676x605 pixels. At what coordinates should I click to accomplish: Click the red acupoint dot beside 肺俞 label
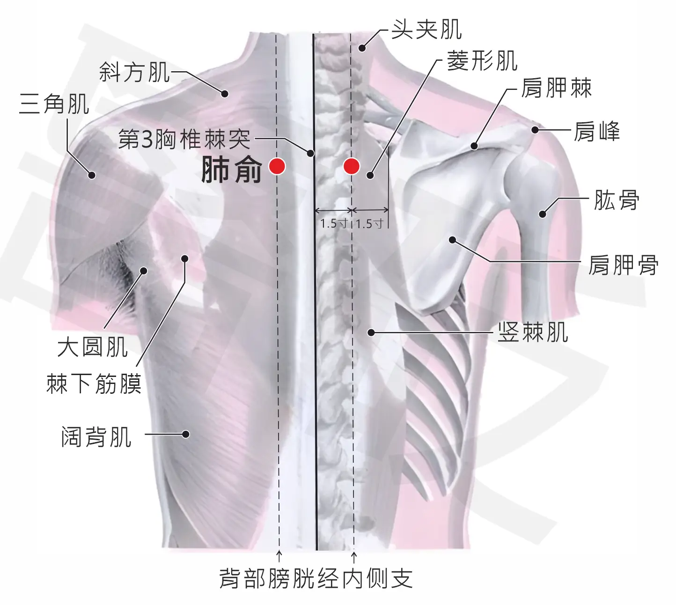click(x=277, y=166)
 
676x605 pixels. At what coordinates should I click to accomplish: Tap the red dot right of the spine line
click(x=352, y=166)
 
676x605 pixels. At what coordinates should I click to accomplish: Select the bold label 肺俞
click(x=231, y=170)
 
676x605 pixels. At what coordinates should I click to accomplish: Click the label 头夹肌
click(x=427, y=30)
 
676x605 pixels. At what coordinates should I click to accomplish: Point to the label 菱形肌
click(x=483, y=61)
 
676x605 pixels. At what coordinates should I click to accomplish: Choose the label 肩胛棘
click(x=557, y=88)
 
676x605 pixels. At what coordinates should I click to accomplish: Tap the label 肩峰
click(x=596, y=131)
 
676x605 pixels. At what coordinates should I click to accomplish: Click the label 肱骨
click(x=616, y=200)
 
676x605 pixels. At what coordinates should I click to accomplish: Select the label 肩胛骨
click(x=623, y=265)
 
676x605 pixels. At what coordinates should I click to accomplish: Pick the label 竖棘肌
click(x=533, y=332)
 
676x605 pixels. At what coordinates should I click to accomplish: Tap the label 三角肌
click(x=54, y=104)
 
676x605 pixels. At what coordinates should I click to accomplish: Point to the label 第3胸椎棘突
click(x=184, y=140)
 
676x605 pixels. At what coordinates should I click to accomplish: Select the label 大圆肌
click(x=93, y=347)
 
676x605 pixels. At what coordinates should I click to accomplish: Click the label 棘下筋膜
click(x=94, y=384)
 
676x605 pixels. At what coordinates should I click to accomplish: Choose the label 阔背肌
click(x=96, y=437)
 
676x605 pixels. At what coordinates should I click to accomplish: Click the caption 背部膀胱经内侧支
click(x=316, y=578)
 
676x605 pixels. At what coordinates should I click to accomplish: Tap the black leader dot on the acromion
click(x=535, y=130)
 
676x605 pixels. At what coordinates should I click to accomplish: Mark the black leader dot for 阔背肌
click(x=186, y=434)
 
